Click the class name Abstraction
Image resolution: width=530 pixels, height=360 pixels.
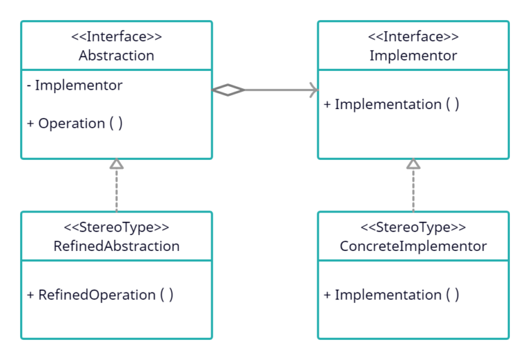point(116,56)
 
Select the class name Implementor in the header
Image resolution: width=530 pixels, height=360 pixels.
point(413,56)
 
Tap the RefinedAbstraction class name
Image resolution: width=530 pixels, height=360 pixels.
point(116,246)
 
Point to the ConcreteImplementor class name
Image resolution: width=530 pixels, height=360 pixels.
point(413,246)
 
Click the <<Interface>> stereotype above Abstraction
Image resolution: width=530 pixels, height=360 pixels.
point(116,37)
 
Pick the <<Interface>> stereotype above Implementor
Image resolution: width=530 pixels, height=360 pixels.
point(413,37)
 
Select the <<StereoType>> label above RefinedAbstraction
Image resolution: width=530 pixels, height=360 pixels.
point(116,228)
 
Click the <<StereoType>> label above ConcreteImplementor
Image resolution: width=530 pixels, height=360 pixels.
point(413,228)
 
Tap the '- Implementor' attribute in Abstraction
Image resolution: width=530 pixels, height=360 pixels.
point(75,86)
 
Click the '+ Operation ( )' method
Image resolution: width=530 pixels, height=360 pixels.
point(75,123)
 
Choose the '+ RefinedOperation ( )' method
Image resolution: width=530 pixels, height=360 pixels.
point(100,294)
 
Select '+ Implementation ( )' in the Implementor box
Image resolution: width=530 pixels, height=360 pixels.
point(391,104)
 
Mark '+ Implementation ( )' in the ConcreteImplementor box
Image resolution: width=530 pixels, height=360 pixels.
point(391,294)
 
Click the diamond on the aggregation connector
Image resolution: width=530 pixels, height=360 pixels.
point(228,90)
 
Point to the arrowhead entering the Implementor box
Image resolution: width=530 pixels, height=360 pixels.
point(313,90)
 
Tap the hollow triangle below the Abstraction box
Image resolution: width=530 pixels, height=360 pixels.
point(117,164)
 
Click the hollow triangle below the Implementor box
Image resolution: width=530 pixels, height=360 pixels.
point(413,164)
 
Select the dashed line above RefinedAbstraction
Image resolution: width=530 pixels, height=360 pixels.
point(117,190)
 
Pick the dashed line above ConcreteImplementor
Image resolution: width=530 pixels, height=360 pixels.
point(413,190)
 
